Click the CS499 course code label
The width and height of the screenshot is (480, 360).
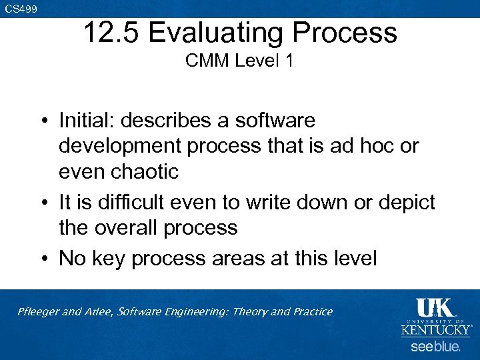[21, 9]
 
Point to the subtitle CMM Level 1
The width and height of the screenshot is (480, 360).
[239, 61]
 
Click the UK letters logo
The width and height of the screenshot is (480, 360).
[434, 308]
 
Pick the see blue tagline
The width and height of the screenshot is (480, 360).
[435, 347]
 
